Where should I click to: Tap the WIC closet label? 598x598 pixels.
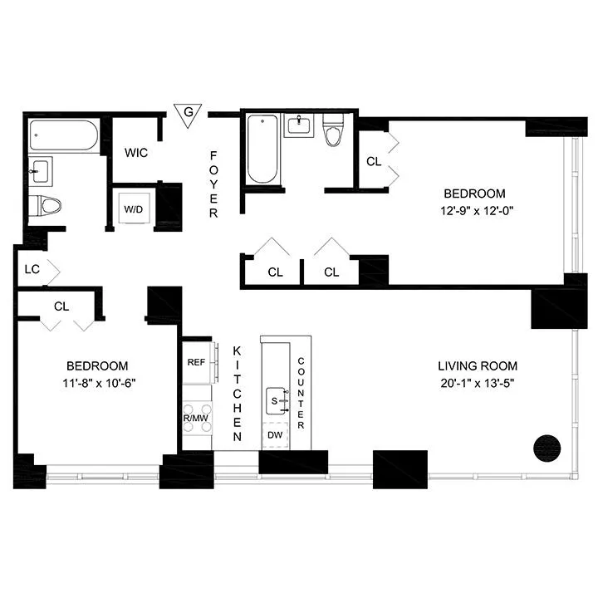(136, 154)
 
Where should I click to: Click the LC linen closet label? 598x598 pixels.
(32, 269)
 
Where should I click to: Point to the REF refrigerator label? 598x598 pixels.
(196, 362)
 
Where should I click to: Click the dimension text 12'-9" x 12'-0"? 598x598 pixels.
(480, 210)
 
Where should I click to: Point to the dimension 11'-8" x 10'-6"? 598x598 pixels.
(97, 383)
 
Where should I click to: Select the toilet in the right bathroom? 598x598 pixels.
(334, 132)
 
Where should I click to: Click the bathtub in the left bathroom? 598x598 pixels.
(63, 135)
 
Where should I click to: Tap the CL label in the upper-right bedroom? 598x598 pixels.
(374, 161)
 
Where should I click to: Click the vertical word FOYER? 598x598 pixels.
(213, 184)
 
